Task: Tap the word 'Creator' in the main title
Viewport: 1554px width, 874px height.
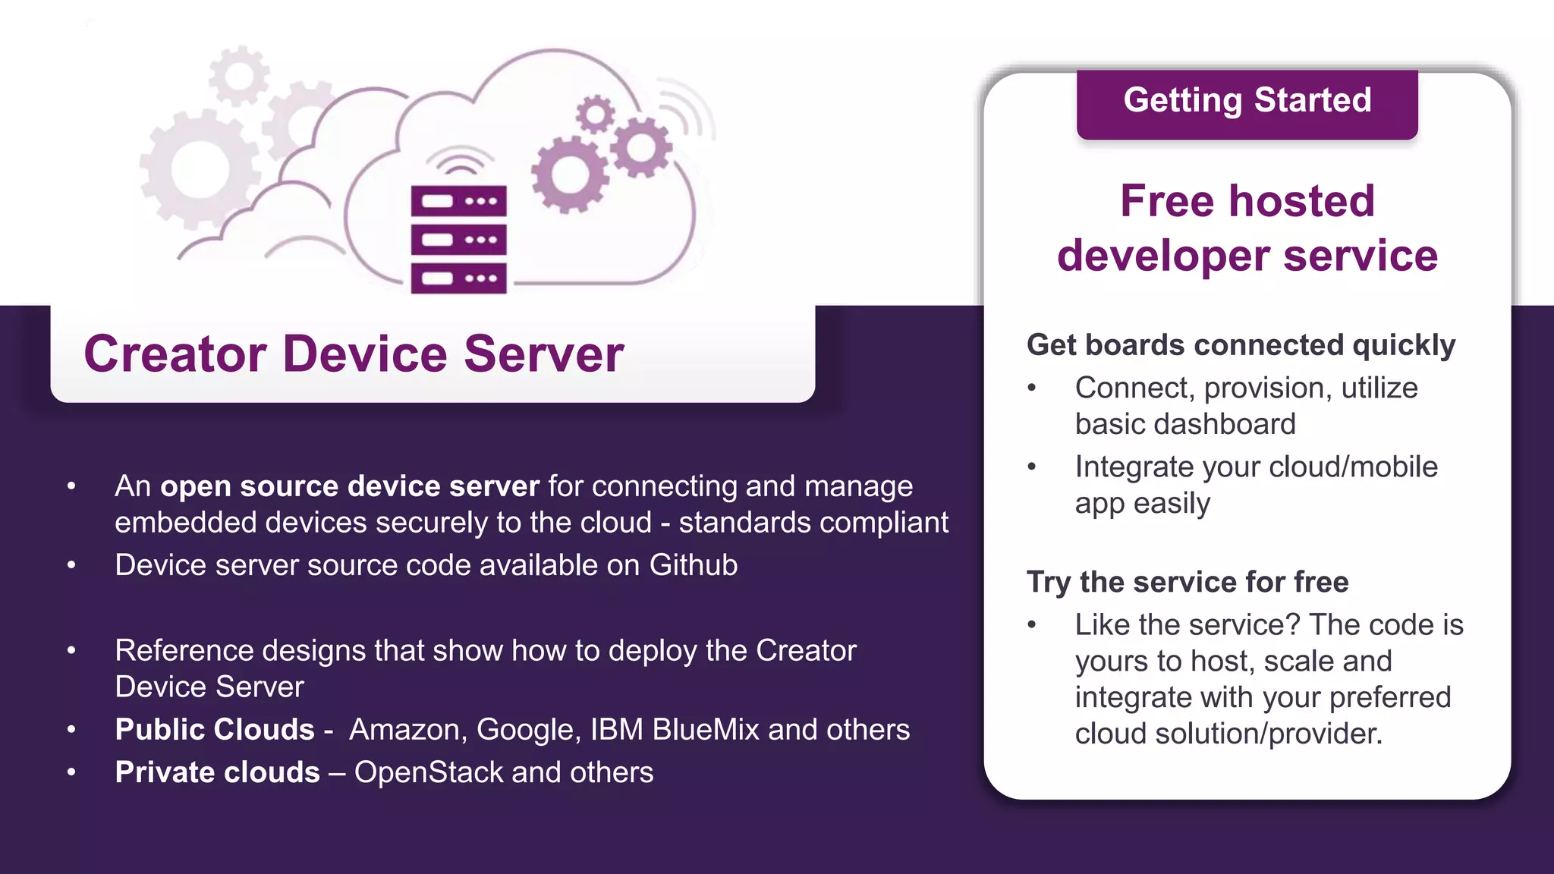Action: pos(175,354)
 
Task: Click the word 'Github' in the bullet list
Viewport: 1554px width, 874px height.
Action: pos(693,565)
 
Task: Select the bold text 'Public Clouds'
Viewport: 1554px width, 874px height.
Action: pos(215,730)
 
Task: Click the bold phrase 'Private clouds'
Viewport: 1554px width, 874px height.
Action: pos(218,772)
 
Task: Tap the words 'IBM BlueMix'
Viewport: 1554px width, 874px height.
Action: pos(675,730)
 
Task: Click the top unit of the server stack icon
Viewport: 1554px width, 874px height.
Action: pos(458,202)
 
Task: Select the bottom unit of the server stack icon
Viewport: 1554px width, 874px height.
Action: pos(458,278)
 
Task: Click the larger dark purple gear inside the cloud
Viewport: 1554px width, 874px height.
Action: pos(569,175)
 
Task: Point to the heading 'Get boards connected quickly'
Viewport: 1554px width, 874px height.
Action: pos(1241,345)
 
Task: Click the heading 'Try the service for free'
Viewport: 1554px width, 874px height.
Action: pos(1188,582)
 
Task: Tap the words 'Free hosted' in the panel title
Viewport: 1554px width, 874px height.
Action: pos(1247,201)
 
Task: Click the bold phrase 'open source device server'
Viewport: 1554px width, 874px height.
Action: pos(350,486)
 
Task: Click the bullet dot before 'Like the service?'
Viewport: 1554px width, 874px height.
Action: pos(1031,625)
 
